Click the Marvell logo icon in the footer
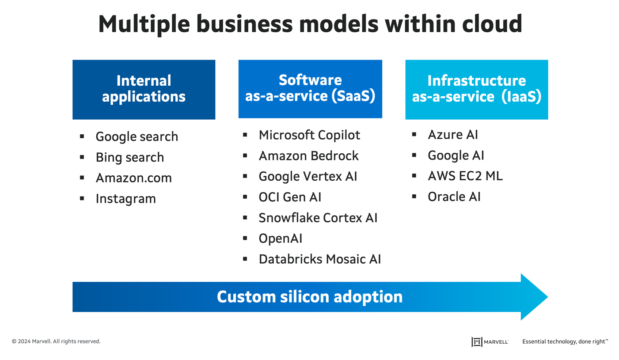476,341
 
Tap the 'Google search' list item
137,136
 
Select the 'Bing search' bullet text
129,157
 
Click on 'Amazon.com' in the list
133,178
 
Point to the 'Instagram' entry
125,199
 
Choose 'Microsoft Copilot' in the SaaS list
309,135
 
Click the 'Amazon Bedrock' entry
308,155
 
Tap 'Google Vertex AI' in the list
308,176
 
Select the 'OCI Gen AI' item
290,197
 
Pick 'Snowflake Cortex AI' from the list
318,218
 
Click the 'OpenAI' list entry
281,239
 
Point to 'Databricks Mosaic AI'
319,259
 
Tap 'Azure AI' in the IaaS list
453,134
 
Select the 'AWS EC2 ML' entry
465,176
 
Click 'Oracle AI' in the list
454,197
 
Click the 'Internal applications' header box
144,89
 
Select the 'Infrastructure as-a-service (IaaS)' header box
476,89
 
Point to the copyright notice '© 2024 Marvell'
56,341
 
